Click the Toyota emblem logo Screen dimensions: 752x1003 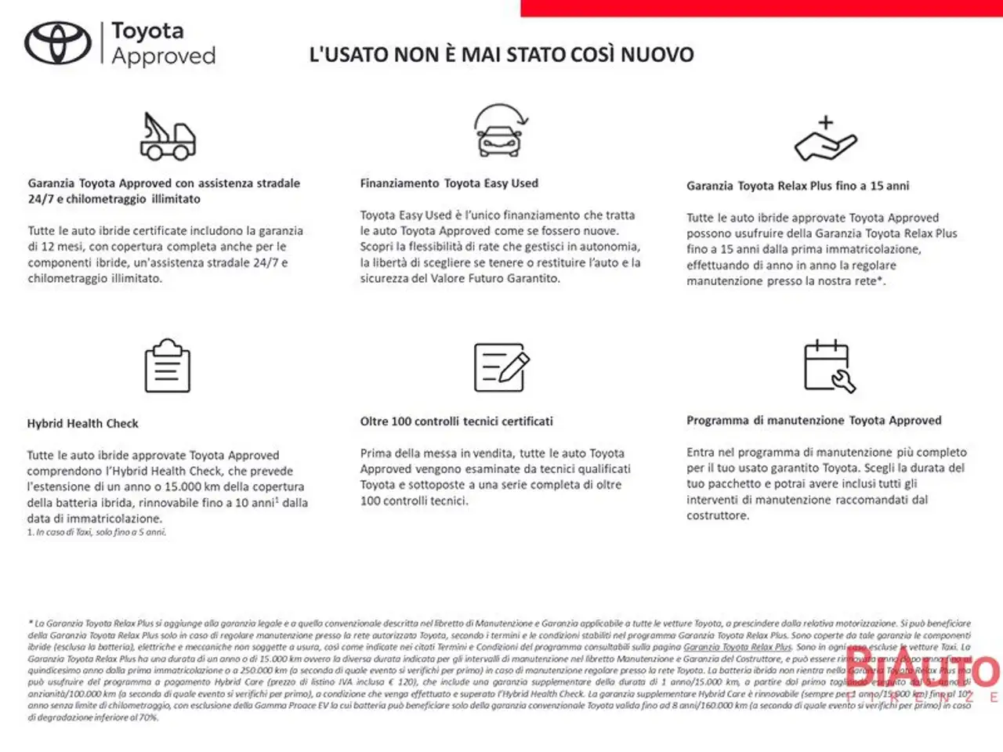58,43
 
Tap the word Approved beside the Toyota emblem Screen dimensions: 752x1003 163,56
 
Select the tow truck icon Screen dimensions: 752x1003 167,136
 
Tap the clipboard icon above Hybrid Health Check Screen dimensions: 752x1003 168,366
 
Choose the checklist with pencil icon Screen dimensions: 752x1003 501,367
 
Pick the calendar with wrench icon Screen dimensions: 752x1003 829,366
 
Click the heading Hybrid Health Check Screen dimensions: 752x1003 82,424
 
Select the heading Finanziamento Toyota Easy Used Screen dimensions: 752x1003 449,183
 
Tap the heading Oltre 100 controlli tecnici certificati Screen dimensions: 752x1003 456,421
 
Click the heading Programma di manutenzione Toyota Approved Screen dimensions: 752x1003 813,421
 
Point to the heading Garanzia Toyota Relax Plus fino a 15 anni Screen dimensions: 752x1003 798,186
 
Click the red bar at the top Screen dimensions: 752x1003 761,8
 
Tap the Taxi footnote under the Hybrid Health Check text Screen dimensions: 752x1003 96,533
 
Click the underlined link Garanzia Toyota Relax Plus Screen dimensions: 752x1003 737,647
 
